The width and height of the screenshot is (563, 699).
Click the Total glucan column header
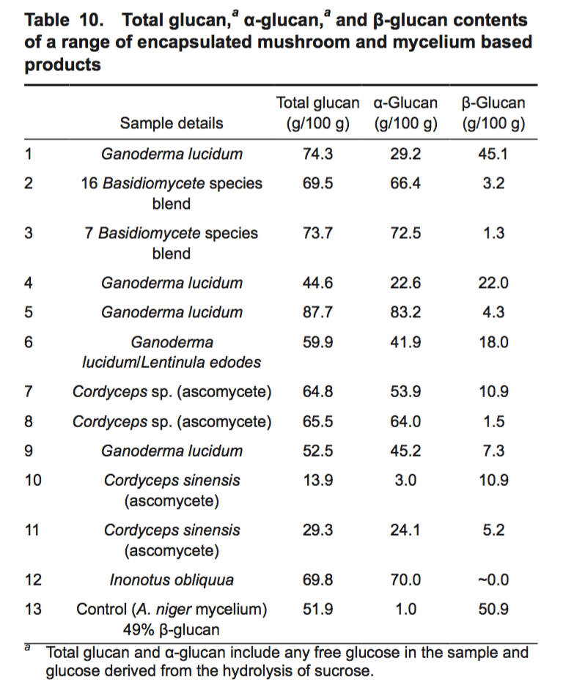(x=317, y=113)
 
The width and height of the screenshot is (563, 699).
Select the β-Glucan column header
(x=493, y=113)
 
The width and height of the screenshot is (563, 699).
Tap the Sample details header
(x=172, y=123)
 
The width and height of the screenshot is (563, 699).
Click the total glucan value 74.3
(x=317, y=154)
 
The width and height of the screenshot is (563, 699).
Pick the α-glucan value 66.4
(x=405, y=183)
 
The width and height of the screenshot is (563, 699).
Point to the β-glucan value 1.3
(x=494, y=233)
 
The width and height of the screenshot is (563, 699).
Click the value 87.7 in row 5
(x=317, y=312)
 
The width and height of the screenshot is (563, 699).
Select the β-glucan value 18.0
(x=493, y=342)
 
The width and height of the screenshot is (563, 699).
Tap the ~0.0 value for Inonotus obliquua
(x=493, y=580)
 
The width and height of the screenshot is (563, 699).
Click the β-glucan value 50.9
(x=493, y=609)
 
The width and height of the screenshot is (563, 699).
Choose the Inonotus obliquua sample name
(x=172, y=580)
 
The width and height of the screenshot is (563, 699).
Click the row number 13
(x=33, y=609)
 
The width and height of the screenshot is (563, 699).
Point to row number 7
(x=29, y=391)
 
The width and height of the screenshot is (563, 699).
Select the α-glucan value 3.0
(x=405, y=480)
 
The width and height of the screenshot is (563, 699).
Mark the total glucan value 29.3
(x=317, y=530)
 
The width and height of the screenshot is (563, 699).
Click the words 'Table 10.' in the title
(x=65, y=20)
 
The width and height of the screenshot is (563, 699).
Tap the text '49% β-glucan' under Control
(x=172, y=629)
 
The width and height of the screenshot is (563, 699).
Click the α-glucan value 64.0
(x=405, y=421)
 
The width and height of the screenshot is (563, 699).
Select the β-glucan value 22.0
(x=493, y=283)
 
